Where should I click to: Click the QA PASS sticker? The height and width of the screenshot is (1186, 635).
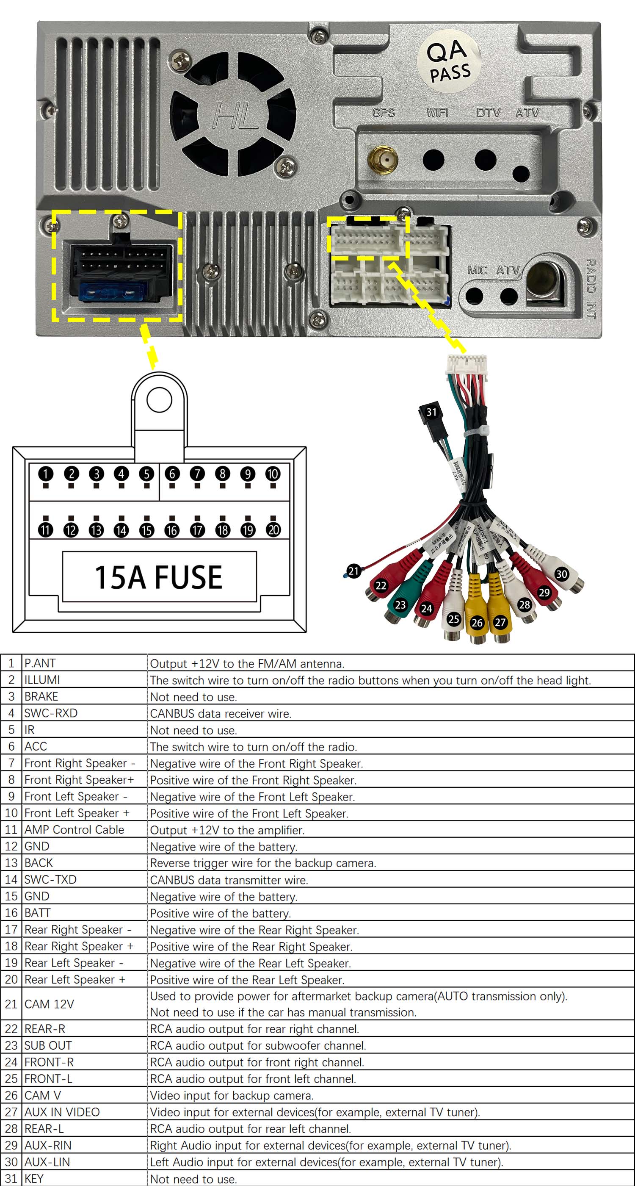[x=449, y=61]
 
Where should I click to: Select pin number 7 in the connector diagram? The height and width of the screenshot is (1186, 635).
[x=197, y=473]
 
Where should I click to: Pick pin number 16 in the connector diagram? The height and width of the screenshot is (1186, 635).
[x=171, y=530]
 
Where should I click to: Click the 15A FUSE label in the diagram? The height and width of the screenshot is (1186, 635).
[x=159, y=577]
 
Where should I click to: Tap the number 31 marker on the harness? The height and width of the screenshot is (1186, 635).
[x=431, y=412]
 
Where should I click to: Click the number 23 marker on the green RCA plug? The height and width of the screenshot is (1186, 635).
[x=400, y=604]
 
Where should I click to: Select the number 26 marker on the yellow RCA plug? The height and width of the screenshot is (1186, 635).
[x=477, y=623]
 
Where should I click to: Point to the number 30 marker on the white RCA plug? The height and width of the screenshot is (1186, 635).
[x=561, y=574]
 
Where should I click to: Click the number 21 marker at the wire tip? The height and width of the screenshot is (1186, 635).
[x=353, y=571]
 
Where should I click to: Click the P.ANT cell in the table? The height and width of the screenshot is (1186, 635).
[x=40, y=663]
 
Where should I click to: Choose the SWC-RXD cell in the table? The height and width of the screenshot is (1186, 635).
[x=51, y=713]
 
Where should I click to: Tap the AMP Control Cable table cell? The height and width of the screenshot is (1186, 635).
[x=74, y=830]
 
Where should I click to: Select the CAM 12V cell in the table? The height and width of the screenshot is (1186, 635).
[x=49, y=1004]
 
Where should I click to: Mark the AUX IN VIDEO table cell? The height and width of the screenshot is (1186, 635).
[x=62, y=1112]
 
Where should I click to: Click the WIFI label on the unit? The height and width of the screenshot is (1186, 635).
[x=437, y=113]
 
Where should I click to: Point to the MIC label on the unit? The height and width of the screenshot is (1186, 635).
[x=477, y=270]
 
